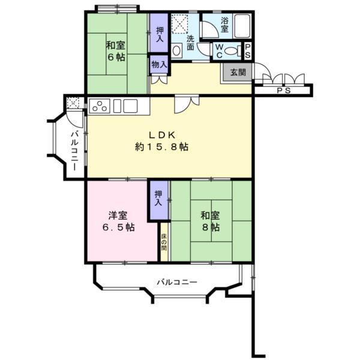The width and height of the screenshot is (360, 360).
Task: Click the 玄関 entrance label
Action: (236, 73)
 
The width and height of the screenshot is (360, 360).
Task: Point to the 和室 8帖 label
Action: (209, 221)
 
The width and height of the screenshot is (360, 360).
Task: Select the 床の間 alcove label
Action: (164, 242)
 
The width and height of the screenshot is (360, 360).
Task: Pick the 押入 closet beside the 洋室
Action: (158, 198)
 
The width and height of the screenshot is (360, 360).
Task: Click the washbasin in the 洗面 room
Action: (176, 52)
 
